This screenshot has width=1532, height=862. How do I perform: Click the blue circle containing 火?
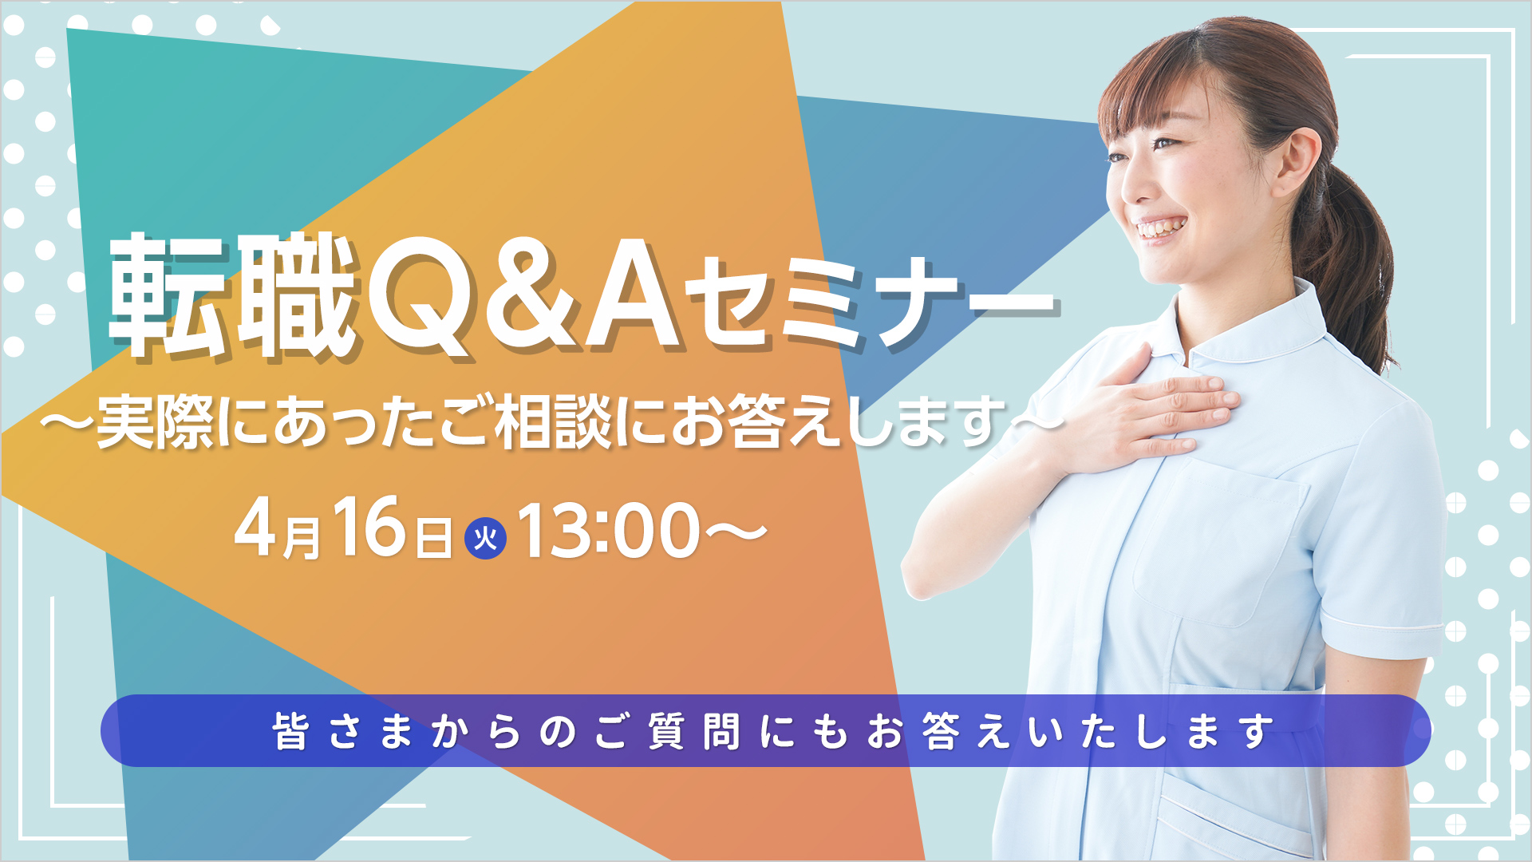[x=485, y=538]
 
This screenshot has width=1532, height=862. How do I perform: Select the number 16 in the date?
[x=369, y=526]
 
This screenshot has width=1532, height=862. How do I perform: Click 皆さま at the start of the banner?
[x=344, y=731]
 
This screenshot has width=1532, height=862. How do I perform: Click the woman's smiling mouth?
[x=1162, y=228]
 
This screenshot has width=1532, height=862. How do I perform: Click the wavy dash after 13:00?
[x=734, y=532]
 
